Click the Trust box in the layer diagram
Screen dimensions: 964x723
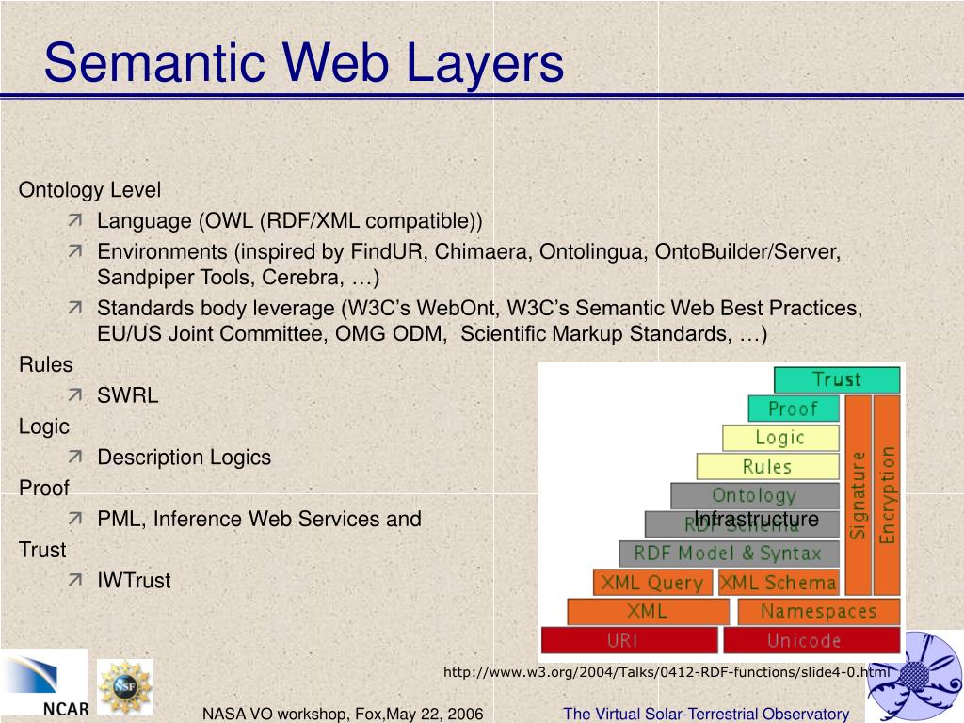click(x=837, y=379)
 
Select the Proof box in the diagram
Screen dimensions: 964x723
click(x=793, y=409)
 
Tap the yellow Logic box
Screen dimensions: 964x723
click(x=780, y=438)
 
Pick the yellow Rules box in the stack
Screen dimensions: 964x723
click(x=767, y=466)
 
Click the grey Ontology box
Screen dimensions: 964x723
click(x=754, y=495)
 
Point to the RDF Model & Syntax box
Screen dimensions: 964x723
click(x=728, y=554)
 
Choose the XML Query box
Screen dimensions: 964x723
click(x=652, y=583)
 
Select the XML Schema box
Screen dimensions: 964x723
click(x=779, y=583)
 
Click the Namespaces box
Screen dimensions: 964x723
click(x=818, y=611)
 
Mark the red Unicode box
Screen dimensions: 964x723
click(x=803, y=640)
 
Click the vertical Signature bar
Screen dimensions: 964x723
click(x=858, y=495)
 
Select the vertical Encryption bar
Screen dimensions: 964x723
click(x=887, y=495)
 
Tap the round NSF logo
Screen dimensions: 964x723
click(x=124, y=685)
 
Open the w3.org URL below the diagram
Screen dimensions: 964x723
click(x=666, y=671)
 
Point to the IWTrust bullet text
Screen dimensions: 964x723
click(x=134, y=580)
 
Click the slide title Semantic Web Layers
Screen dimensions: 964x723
click(x=303, y=63)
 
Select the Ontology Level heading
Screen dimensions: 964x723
click(x=89, y=190)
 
